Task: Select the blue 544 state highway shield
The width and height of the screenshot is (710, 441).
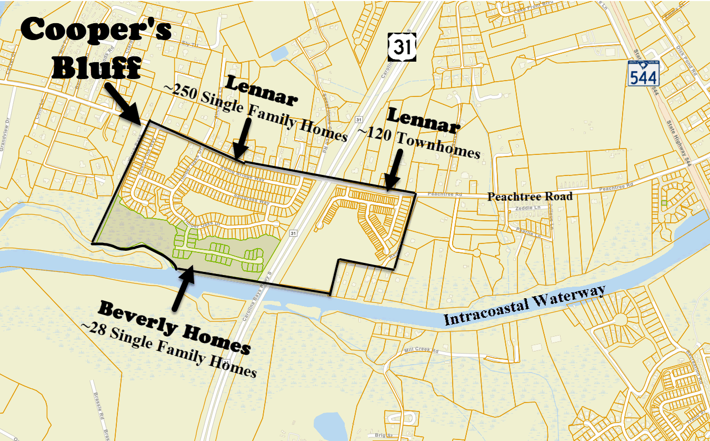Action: [643, 73]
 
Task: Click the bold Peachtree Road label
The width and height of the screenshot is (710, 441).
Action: [529, 197]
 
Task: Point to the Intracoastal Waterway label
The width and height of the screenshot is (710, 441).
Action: [525, 306]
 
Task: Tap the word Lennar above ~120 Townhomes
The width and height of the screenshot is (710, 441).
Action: [424, 119]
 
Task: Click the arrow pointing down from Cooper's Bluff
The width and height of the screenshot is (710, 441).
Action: [123, 103]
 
